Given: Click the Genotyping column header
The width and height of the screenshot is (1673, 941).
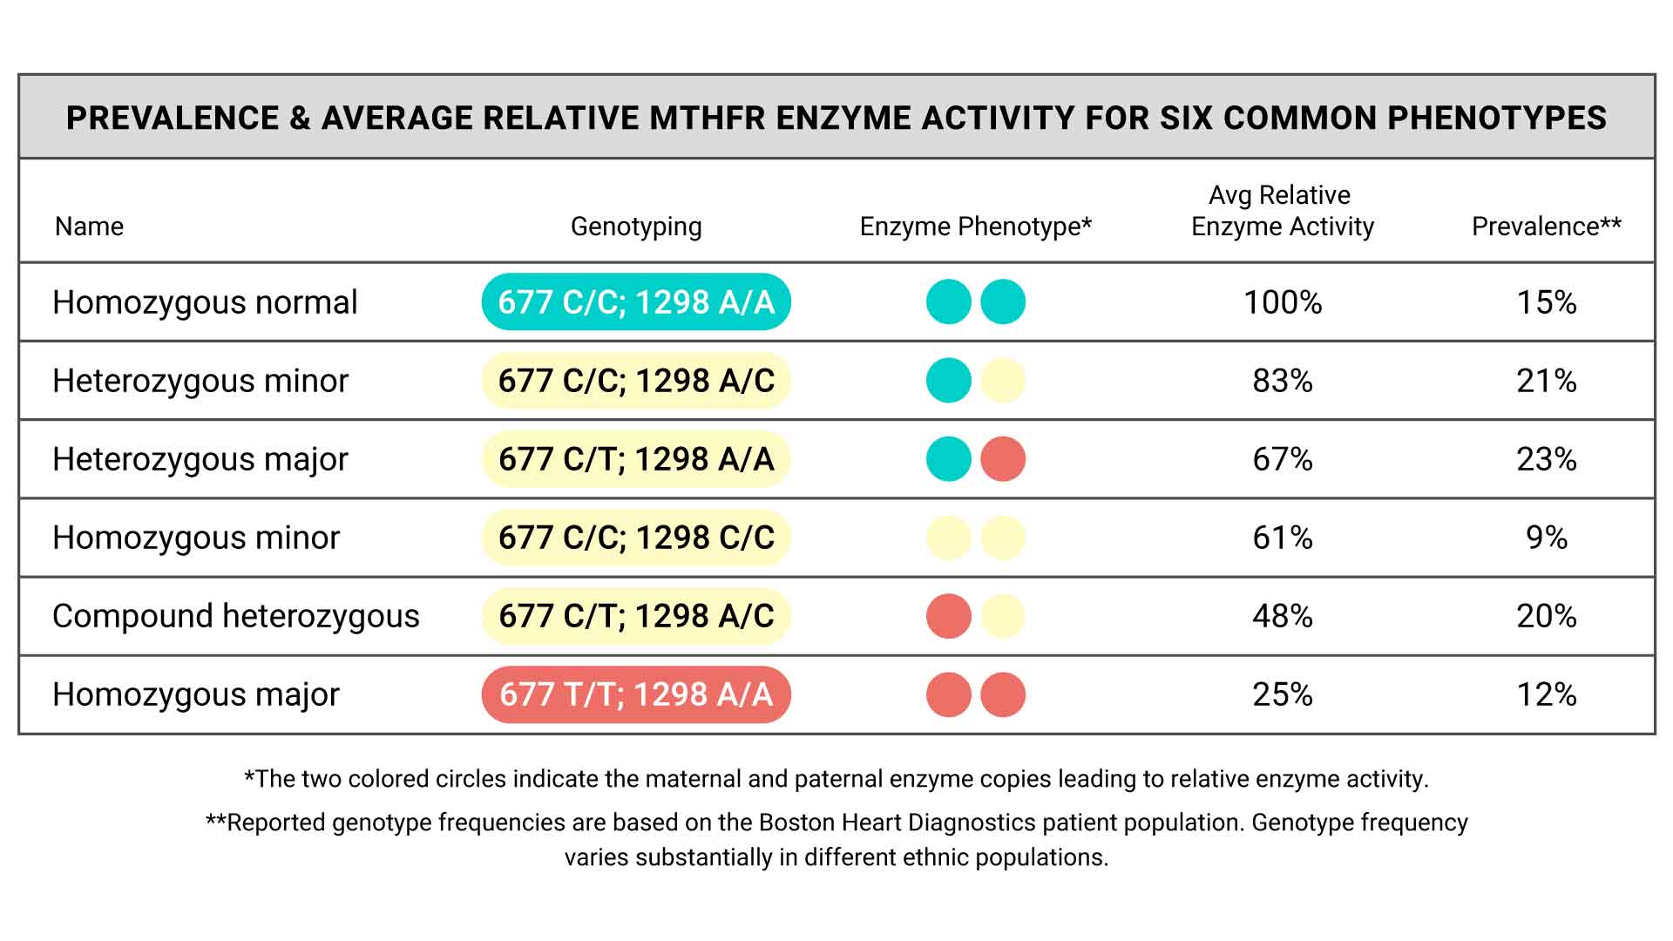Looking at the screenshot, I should [636, 227].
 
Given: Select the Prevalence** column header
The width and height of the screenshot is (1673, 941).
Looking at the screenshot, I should [1546, 227].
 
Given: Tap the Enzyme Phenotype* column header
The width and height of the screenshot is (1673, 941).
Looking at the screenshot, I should [975, 227].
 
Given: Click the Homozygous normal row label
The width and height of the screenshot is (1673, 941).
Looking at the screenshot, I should [205, 302].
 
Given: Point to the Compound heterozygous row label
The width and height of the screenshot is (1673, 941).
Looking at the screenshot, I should [235, 616].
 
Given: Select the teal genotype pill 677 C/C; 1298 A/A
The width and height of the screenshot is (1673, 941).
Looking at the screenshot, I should [636, 302].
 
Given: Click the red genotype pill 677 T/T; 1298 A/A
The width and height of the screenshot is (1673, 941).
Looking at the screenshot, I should [636, 694].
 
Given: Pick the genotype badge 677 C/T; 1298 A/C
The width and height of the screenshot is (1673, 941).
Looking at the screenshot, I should [636, 616].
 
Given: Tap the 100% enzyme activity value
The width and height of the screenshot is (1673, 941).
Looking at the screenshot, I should [1282, 302].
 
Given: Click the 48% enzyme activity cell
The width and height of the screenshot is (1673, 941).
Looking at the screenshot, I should [1282, 616].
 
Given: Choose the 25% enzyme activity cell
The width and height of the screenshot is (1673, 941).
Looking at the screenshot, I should [1282, 694].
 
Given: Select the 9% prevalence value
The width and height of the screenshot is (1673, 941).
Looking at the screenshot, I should [1546, 538].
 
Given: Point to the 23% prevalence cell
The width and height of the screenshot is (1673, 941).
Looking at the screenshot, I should [1546, 459].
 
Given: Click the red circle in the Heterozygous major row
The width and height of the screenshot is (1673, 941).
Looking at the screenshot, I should [1003, 459].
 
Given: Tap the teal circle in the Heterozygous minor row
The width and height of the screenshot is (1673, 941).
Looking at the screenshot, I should [948, 381].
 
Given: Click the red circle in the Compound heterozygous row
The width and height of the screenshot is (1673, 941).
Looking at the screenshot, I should [948, 616].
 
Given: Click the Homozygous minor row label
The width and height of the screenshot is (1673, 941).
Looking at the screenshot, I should [195, 538].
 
